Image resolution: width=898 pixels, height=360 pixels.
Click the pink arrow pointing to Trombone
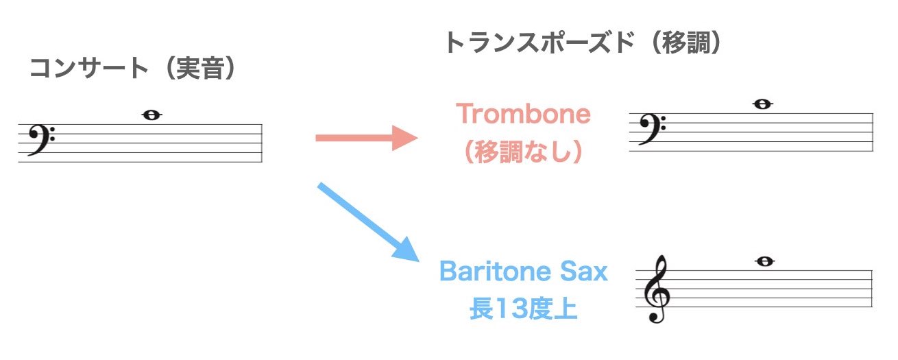[x=367, y=138]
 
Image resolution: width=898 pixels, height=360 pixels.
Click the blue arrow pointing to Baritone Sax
[x=368, y=221]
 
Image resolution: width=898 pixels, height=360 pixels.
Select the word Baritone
[x=496, y=272]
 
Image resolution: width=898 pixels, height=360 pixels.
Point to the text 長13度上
[x=523, y=309]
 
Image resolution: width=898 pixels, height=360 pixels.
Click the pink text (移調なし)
[x=523, y=152]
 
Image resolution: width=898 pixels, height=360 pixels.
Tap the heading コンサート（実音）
[x=133, y=68]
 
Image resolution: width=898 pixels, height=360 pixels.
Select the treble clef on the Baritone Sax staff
[x=657, y=289]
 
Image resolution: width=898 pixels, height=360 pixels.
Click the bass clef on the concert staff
[x=41, y=139]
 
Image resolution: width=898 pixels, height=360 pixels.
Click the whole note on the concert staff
[x=152, y=115]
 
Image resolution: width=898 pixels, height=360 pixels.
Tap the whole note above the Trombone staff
[x=763, y=104]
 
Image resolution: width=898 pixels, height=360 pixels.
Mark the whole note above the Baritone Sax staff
[x=765, y=261]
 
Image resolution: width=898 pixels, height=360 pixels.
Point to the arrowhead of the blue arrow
[x=408, y=250]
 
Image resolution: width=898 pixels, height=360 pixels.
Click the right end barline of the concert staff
[x=262, y=143]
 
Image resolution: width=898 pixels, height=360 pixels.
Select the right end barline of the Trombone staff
[x=873, y=132]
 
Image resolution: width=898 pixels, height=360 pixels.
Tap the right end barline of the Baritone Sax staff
[x=872, y=289]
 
